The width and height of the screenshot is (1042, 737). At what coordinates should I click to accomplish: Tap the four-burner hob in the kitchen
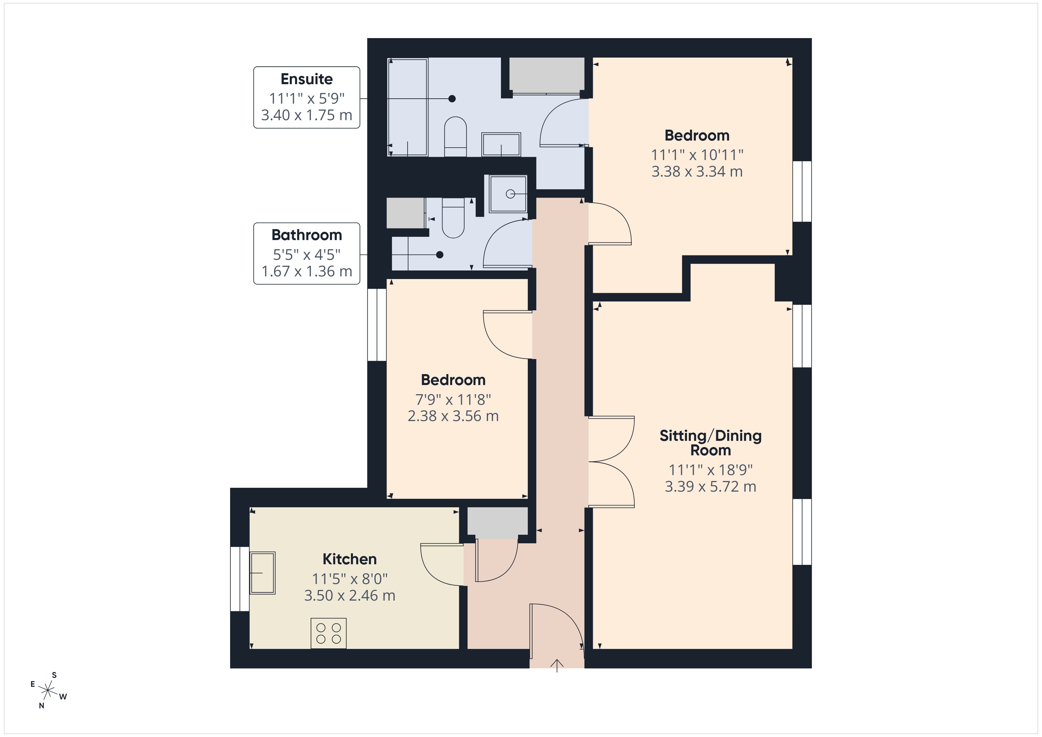328,633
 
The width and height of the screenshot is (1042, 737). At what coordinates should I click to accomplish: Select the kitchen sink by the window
262,573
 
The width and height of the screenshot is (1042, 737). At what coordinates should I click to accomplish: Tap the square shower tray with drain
508,194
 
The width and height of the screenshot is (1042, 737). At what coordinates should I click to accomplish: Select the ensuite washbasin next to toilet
501,144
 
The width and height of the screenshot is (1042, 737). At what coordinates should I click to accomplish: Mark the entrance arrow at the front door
557,665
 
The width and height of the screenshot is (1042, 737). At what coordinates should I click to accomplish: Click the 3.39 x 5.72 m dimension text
710,487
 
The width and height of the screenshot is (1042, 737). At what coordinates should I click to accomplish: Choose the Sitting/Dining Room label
710,443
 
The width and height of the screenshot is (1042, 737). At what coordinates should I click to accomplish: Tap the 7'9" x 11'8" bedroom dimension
453,400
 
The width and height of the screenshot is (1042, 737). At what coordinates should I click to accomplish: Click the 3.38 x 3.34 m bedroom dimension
697,172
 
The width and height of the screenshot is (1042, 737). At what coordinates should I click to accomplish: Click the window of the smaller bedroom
377,325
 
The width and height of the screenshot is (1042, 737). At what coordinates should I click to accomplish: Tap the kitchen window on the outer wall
240,579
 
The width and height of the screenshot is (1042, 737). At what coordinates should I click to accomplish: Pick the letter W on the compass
63,697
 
